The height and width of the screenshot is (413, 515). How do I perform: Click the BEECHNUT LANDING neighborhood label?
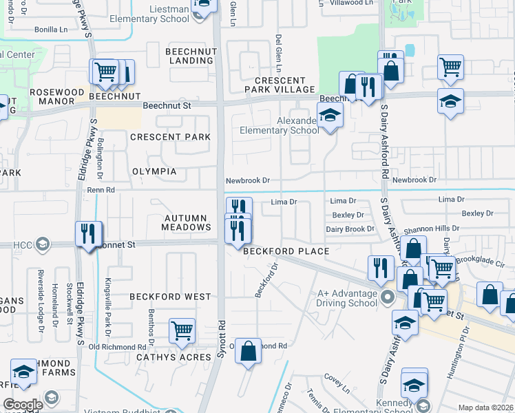tap(190, 56)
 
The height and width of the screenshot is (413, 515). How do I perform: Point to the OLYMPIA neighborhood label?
tap(154, 171)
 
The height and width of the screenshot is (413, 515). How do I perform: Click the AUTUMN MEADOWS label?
tap(187, 222)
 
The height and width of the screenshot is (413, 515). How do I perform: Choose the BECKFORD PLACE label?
tap(285, 252)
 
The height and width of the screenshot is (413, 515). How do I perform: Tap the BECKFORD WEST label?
tap(170, 297)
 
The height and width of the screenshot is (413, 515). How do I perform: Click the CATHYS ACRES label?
tap(173, 357)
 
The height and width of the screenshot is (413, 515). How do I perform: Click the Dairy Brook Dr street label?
tap(350, 229)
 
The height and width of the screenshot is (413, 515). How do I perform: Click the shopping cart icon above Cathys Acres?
tap(182, 331)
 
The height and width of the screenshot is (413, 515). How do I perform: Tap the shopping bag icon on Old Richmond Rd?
tap(248, 351)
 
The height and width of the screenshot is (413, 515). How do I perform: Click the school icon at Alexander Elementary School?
tap(330, 115)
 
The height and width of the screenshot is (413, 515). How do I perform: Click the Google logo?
tap(23, 405)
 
